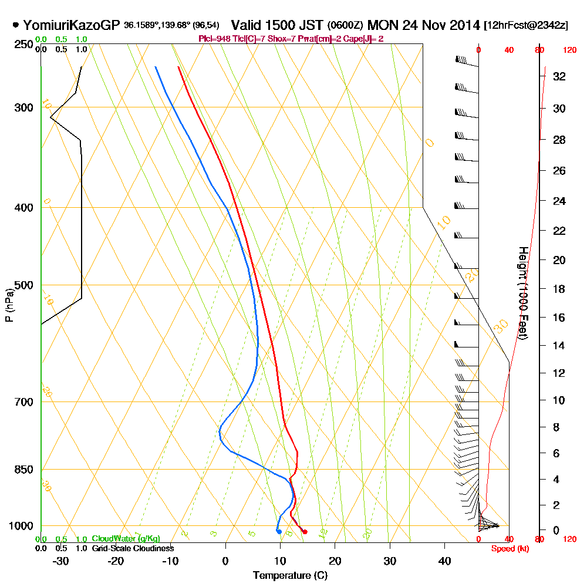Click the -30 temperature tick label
point(60,561)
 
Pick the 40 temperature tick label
point(445,561)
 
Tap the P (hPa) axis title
point(9,305)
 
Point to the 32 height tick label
point(559,76)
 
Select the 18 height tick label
point(559,289)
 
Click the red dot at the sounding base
point(304,532)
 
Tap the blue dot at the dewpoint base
point(279,532)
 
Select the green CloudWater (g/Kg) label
point(126,539)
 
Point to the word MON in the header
point(382,25)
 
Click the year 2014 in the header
point(463,25)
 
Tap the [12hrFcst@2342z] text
point(525,26)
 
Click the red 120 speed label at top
point(569,50)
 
